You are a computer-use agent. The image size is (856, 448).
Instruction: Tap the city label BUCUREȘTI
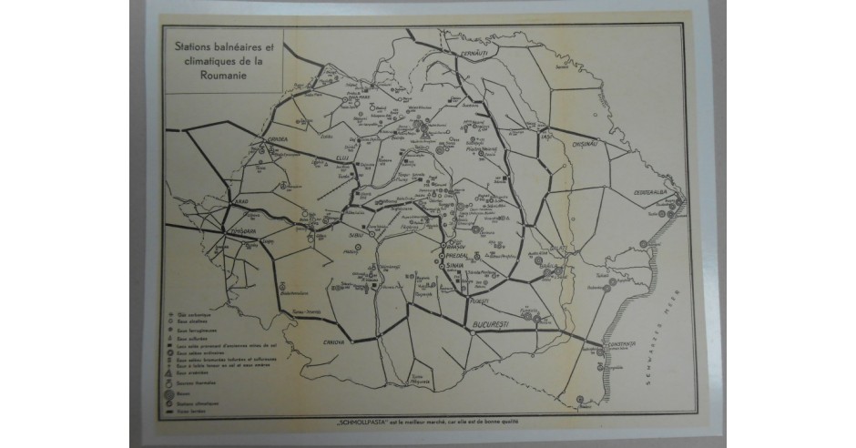493,325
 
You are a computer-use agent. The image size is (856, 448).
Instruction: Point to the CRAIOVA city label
337,341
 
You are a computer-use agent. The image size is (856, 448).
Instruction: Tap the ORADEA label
276,138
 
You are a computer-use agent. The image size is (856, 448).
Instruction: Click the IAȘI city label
546,137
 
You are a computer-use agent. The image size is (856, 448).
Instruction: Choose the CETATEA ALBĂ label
652,194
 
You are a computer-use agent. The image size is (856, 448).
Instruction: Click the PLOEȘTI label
480,300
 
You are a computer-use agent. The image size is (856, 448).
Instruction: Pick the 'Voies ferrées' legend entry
188,410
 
